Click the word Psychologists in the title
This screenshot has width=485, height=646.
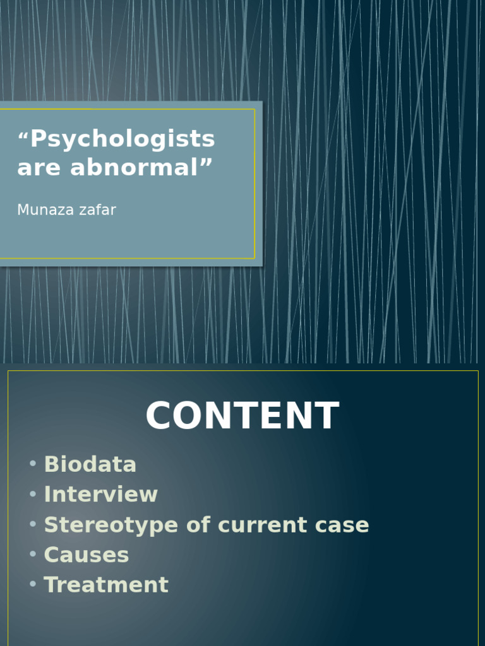pyautogui.click(x=123, y=139)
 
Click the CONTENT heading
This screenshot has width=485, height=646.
pyautogui.click(x=242, y=416)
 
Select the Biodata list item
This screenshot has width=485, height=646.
pyautogui.click(x=90, y=464)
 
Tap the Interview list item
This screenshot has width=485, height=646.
pyautogui.click(x=101, y=494)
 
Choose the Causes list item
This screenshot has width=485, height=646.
pyautogui.click(x=87, y=555)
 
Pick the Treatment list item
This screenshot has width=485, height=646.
pyautogui.click(x=106, y=585)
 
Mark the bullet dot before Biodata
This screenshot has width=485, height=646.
pyautogui.click(x=33, y=464)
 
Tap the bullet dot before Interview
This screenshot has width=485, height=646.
pyautogui.click(x=33, y=494)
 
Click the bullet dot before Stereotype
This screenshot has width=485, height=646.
pyautogui.click(x=33, y=524)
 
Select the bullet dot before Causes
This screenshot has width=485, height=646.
pyautogui.click(x=33, y=555)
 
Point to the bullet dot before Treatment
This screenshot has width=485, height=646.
pyautogui.click(x=33, y=584)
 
